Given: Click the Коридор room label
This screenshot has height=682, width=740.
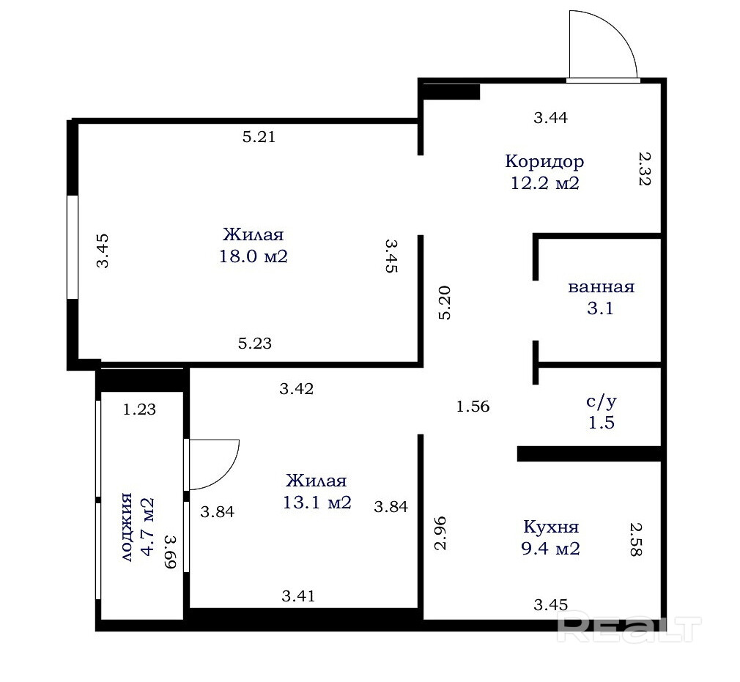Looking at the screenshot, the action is coord(544,161).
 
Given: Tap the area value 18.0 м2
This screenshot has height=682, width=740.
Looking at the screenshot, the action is coord(254,256).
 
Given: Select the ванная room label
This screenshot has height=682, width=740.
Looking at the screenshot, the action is coord(602,287).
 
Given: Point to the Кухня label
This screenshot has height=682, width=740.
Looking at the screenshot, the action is coord(551,526).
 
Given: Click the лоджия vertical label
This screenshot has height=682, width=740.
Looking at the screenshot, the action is coord(126,527).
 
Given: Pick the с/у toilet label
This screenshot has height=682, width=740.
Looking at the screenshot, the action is coord(602,401).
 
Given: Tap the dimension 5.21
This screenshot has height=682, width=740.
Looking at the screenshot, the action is coord(259,137).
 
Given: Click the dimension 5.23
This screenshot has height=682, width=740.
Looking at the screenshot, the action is coord(255,343).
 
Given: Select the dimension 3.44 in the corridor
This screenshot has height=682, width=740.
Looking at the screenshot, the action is coord(550,117).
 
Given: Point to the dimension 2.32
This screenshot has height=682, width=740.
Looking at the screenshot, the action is coord(644,168).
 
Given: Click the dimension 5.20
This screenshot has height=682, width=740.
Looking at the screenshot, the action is coord(445,303).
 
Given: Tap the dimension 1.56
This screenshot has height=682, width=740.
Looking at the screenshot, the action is coord(473,407).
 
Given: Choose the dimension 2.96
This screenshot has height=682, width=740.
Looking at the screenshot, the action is coord(440,533).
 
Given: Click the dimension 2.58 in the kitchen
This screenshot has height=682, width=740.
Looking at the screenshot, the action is coord(636,539).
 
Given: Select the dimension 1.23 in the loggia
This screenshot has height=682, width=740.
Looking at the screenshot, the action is coord(139,409).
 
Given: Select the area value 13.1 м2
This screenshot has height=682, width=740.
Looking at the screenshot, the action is coord(317,503).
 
